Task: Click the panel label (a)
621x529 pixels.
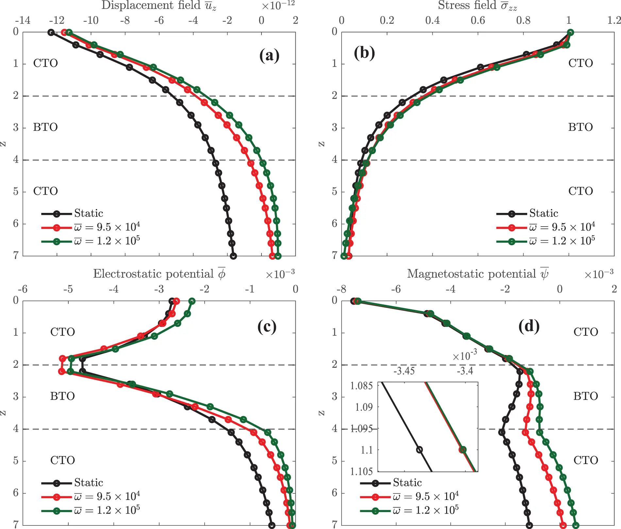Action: pos(269,56)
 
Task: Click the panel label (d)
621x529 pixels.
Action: pos(529,326)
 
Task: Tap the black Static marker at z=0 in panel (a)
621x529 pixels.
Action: pos(51,32)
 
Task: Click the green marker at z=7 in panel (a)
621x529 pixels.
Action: pos(278,256)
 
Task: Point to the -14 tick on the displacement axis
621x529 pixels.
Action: pos(23,20)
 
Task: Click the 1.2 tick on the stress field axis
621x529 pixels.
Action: pos(614,20)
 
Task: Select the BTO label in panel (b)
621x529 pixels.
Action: pos(580,127)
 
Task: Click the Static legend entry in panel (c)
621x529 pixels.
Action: pos(88,483)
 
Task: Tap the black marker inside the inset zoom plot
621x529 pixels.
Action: pos(419,450)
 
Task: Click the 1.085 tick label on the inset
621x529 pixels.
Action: pos(361,386)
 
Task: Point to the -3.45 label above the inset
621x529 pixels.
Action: pos(404,371)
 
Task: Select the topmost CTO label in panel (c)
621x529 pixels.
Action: pos(62,332)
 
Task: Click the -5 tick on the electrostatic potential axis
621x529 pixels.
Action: pos(68,289)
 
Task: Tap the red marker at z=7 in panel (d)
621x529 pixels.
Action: pos(562,525)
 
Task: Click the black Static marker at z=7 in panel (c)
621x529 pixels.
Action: pos(272,525)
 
